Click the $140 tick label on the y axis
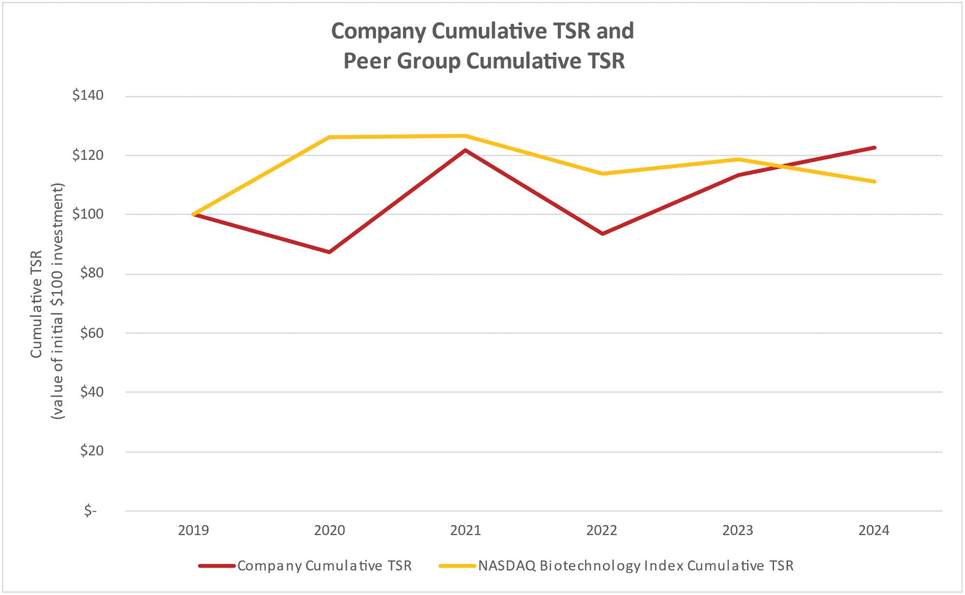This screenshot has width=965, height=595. [x=88, y=96]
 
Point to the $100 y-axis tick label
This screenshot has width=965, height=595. [x=88, y=214]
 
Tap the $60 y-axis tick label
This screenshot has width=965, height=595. [x=91, y=333]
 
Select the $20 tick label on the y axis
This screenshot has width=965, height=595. [x=91, y=451]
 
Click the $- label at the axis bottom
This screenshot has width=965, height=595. [x=90, y=510]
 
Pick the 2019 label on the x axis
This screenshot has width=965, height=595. [x=194, y=530]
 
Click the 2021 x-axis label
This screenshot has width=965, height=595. [x=465, y=530]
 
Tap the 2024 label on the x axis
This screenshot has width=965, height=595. [x=874, y=530]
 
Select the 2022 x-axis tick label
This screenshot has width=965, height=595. [x=601, y=530]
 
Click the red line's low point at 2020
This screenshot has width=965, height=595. [x=330, y=252]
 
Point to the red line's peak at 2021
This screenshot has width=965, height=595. [x=465, y=150]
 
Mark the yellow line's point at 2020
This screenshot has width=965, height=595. [x=330, y=137]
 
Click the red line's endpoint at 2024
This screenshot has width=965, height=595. [x=874, y=148]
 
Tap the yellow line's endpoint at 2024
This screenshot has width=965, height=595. [x=874, y=181]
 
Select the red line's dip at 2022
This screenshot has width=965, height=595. [x=602, y=234]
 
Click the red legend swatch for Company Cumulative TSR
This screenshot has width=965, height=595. [x=217, y=566]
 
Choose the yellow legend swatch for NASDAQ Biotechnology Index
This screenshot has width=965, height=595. [x=457, y=566]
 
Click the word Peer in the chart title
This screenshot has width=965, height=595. [x=367, y=61]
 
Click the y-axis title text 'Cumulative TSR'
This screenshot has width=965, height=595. [x=36, y=304]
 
